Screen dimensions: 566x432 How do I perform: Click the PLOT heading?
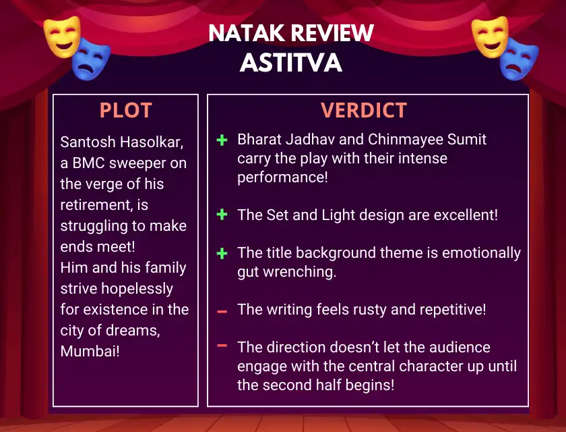pyautogui.click(x=125, y=110)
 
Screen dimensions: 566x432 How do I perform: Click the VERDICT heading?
pyautogui.click(x=364, y=110)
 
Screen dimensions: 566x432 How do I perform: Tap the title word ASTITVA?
pyautogui.click(x=291, y=63)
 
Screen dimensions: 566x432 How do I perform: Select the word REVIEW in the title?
pyautogui.click(x=332, y=33)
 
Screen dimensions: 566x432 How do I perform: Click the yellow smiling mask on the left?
pyautogui.click(x=62, y=36)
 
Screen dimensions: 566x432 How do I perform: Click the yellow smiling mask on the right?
pyautogui.click(x=490, y=36)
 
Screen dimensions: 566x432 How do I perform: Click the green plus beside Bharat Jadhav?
pyautogui.click(x=222, y=140)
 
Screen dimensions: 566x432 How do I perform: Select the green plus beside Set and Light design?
pyautogui.click(x=222, y=215)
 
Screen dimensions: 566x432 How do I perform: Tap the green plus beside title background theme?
pyautogui.click(x=222, y=253)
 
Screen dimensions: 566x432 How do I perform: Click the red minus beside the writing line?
pyautogui.click(x=222, y=312)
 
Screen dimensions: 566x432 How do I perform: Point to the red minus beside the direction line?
pyautogui.click(x=222, y=346)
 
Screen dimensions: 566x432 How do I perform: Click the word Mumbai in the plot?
pyautogui.click(x=90, y=351)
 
